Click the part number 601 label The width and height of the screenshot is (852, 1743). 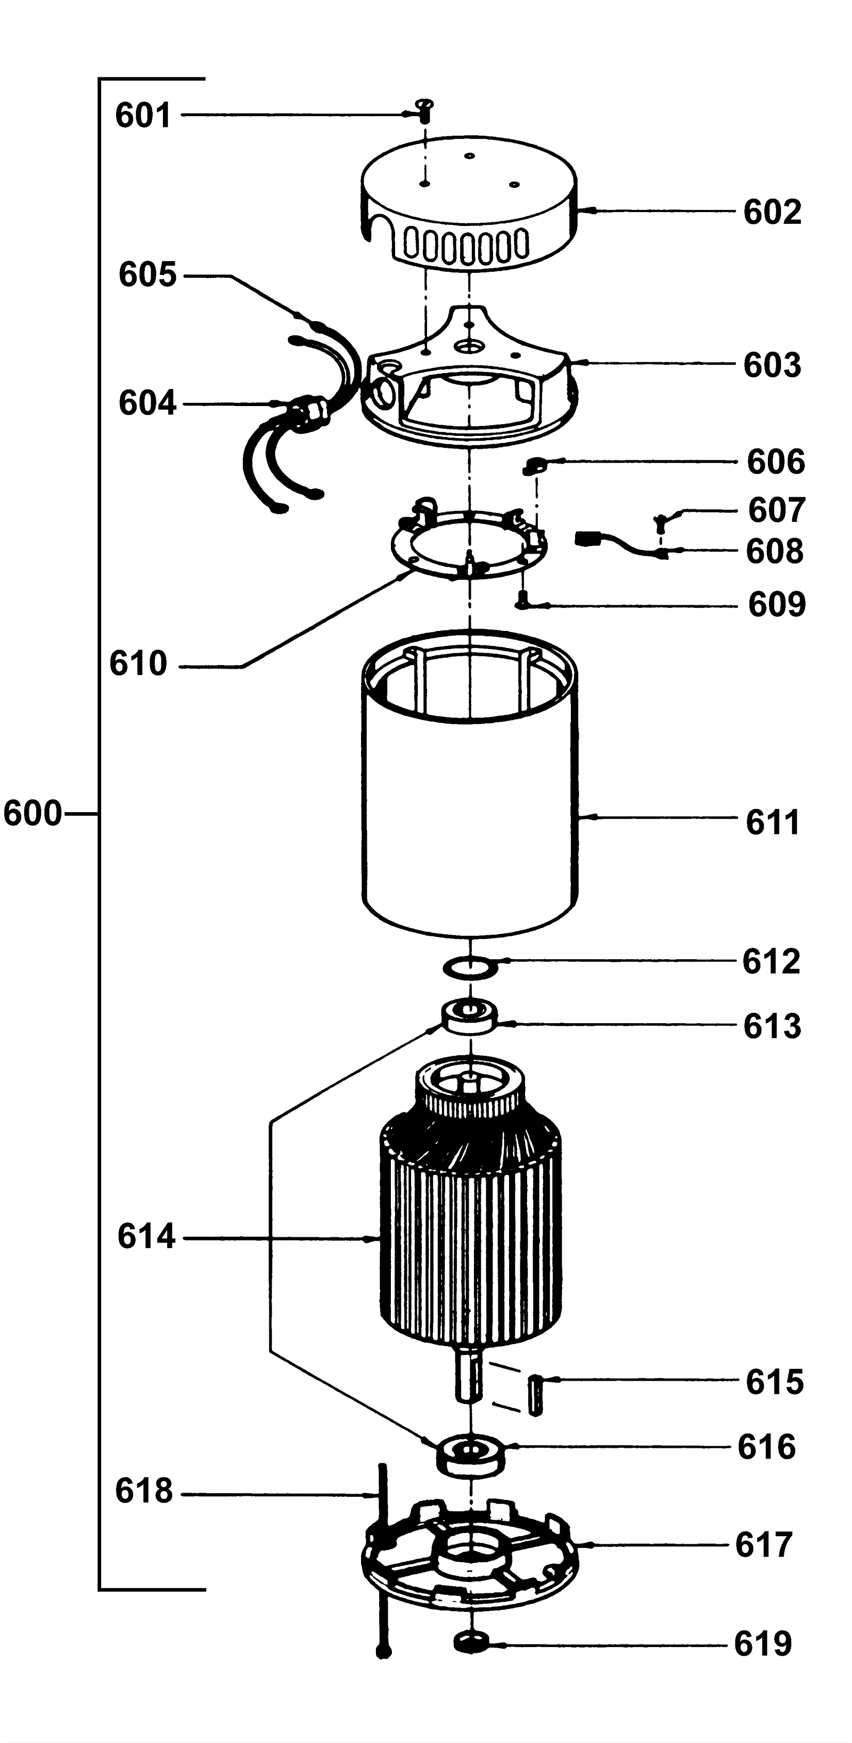point(143,116)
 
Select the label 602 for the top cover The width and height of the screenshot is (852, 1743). point(772,213)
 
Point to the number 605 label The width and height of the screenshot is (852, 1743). point(148,275)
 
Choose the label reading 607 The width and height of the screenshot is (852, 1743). point(776,510)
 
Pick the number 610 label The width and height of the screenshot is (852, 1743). point(138,664)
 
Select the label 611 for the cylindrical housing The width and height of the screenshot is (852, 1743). point(772,823)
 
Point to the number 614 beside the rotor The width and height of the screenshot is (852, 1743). point(146,1236)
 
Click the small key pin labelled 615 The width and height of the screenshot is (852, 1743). point(536,1395)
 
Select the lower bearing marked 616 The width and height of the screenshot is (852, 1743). point(470,1456)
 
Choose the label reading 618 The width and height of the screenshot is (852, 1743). point(143,1490)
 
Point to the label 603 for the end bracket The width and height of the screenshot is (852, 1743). point(772,366)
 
